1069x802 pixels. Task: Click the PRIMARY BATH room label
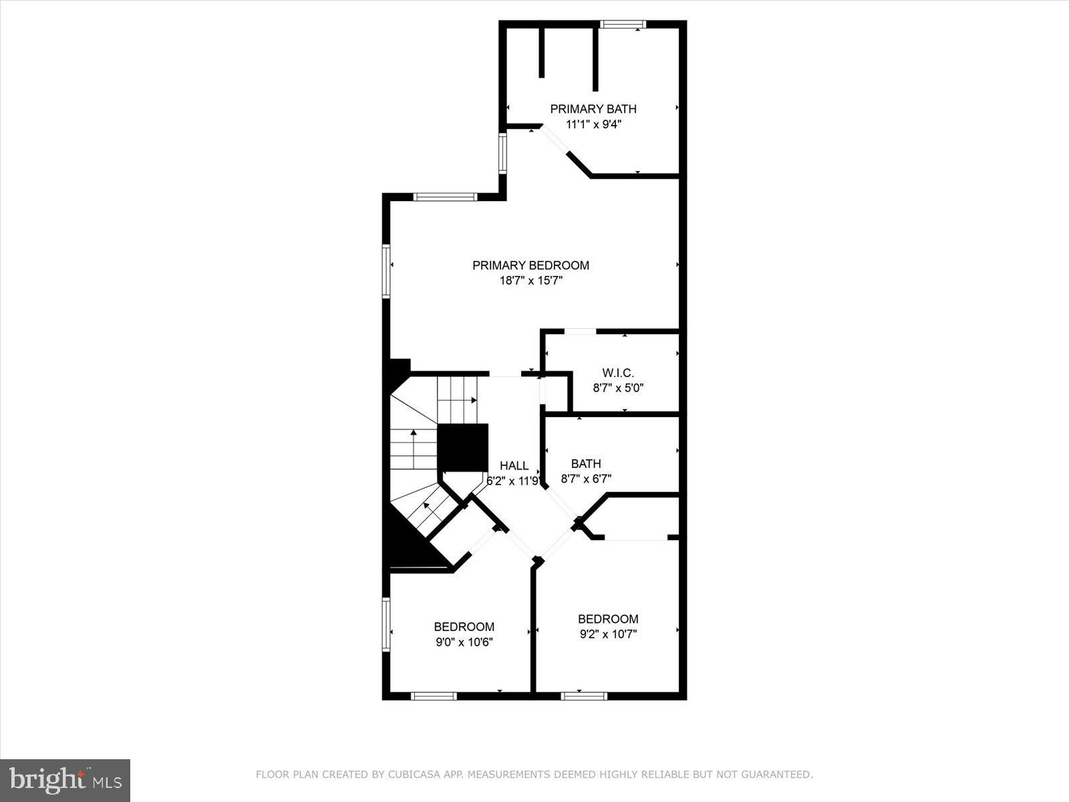pos(593,109)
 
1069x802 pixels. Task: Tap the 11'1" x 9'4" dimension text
pos(593,124)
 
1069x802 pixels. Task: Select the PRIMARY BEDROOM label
pos(530,265)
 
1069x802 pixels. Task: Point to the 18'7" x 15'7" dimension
pos(530,281)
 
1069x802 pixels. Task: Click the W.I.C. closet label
pos(618,373)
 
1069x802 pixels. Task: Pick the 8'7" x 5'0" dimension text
pos(618,388)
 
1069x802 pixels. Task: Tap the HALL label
pos(514,466)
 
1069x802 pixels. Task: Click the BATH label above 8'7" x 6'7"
pos(586,464)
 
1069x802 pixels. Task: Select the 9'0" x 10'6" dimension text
pos(464,642)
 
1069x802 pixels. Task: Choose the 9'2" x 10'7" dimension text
pos(608,634)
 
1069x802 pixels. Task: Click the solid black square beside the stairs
pos(462,447)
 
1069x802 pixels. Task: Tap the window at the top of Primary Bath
pos(623,25)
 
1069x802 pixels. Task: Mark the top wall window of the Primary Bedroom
pos(444,197)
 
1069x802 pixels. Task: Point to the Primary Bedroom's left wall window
pos(386,271)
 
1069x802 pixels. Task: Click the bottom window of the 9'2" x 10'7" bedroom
pos(584,696)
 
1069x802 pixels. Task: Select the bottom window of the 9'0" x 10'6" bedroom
pos(434,696)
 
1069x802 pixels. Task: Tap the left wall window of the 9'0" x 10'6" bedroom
pos(386,623)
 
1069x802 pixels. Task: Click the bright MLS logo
pos(65,780)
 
